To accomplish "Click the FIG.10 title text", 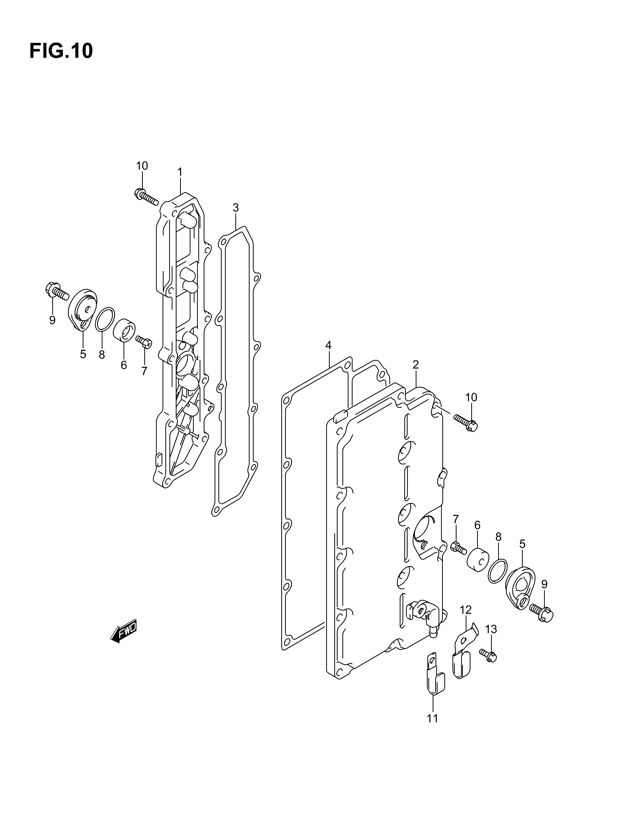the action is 61,51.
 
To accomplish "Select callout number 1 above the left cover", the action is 180,172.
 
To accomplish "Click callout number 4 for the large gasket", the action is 328,345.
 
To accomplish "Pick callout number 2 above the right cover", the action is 415,365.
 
